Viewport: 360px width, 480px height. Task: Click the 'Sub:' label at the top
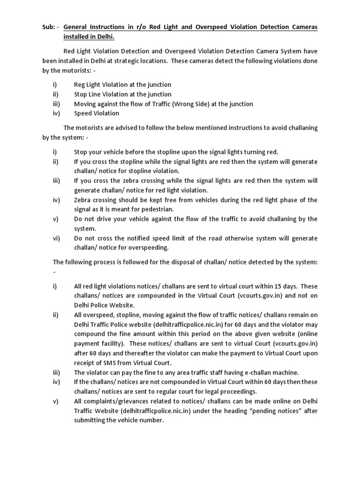[x=49, y=27]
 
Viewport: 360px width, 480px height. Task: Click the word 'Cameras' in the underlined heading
[x=302, y=27]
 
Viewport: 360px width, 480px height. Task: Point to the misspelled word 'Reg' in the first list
[x=80, y=85]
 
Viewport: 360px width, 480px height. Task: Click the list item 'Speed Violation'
[x=97, y=113]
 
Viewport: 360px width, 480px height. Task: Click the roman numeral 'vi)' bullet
[x=57, y=238]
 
